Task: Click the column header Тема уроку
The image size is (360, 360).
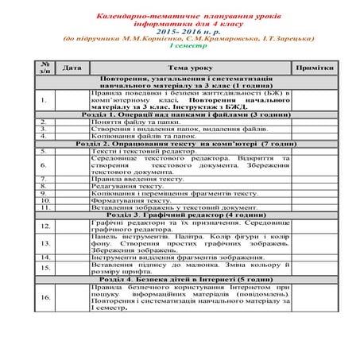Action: (x=190, y=68)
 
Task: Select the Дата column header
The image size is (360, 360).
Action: (x=72, y=68)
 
